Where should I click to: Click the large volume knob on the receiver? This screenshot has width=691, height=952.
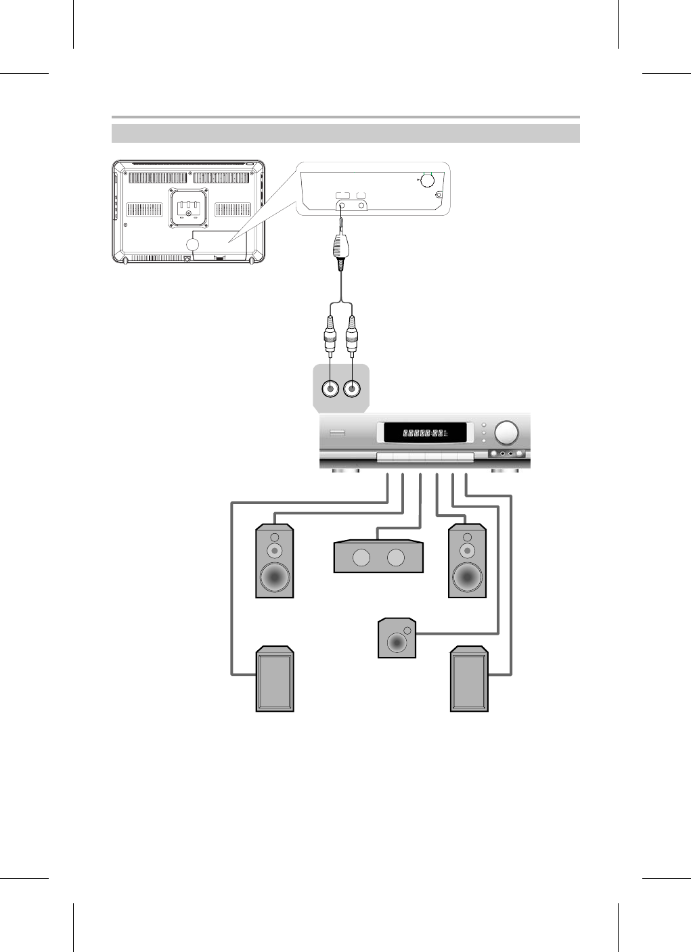(506, 432)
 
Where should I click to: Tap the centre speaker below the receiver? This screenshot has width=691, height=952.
(378, 557)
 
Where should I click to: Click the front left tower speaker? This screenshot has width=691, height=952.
(274, 562)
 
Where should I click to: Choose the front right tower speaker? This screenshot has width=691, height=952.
(467, 562)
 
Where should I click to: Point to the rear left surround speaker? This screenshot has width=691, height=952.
(274, 679)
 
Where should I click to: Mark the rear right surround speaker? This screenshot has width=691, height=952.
(469, 679)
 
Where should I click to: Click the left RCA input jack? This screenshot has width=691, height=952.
(331, 389)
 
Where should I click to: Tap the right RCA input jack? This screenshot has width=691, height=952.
(352, 389)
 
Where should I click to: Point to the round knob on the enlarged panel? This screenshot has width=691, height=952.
(427, 181)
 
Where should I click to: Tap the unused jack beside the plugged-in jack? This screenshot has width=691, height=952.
(361, 204)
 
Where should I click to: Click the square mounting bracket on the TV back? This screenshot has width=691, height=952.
(189, 206)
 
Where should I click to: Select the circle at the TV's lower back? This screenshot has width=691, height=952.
(192, 246)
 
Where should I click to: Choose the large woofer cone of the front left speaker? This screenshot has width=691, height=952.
(274, 577)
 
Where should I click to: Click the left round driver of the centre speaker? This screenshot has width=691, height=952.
(361, 558)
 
